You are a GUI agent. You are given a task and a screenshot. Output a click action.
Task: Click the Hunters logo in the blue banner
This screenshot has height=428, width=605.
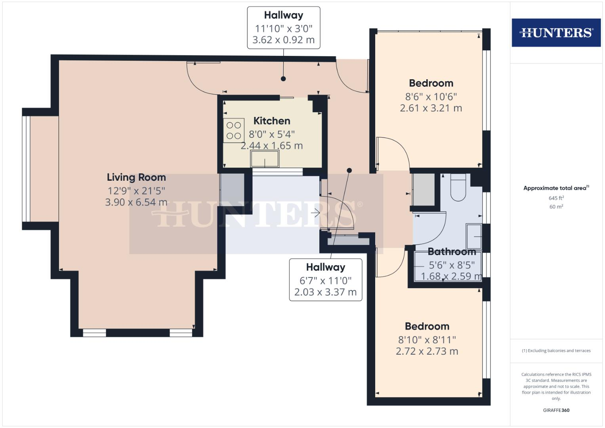coord(556,32)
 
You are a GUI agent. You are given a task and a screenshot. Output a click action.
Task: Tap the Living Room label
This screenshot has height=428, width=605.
coord(136,177)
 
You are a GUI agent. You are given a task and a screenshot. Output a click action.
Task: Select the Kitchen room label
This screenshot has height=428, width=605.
coord(272,121)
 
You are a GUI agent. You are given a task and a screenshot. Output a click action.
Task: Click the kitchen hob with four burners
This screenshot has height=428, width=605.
coord(233,131)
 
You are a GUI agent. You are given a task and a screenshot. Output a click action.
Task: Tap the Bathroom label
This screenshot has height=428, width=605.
coord(452,252)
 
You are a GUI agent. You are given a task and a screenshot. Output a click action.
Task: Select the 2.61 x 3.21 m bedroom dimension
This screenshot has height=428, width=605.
coord(431,108)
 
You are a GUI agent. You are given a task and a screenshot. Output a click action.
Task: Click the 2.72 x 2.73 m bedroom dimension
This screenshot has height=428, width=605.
coord(427,351)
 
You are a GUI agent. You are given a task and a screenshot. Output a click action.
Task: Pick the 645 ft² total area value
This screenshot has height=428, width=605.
coord(556,198)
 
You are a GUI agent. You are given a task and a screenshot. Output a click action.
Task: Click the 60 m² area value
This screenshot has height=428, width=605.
coord(556,206)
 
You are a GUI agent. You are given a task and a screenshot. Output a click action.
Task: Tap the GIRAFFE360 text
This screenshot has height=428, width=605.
coord(556,410)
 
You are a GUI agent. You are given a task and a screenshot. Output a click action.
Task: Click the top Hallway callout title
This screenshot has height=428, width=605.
coord(283,15)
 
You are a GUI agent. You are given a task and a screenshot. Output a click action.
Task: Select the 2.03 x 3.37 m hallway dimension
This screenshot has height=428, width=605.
coord(325,292)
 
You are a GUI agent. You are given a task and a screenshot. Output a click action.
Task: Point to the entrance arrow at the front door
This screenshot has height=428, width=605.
coord(315,213)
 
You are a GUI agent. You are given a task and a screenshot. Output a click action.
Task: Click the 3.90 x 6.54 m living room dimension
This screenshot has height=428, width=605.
coord(136,202)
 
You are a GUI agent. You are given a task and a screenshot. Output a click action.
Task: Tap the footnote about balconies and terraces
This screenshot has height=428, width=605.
coord(556,351)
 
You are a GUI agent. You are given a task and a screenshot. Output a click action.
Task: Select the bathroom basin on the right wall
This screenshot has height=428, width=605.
coord(474,237)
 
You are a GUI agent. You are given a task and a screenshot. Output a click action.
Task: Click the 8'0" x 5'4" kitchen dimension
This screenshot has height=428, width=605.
coord(272,134)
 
